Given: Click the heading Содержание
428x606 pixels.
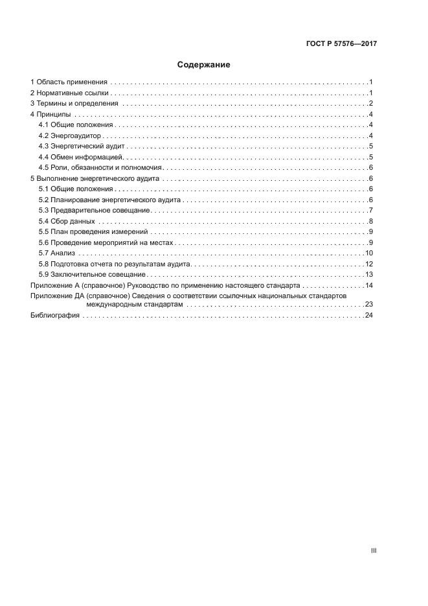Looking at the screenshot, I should point(203,65).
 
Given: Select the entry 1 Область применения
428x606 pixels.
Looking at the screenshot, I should point(69,82).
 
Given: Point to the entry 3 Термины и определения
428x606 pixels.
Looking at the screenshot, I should point(74,104).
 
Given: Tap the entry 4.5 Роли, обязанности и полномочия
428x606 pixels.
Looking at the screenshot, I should point(100,167).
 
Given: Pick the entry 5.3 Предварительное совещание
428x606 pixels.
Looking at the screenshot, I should point(95,210).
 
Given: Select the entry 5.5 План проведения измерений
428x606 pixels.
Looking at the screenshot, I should point(94,231).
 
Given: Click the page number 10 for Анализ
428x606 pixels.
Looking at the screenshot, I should point(369,253).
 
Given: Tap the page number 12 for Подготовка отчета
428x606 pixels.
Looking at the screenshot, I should point(369,264).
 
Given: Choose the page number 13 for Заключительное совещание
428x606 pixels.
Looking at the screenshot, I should point(369,274).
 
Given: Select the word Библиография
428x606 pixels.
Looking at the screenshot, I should point(55,315).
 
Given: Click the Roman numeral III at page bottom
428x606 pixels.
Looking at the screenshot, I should point(374,550).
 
